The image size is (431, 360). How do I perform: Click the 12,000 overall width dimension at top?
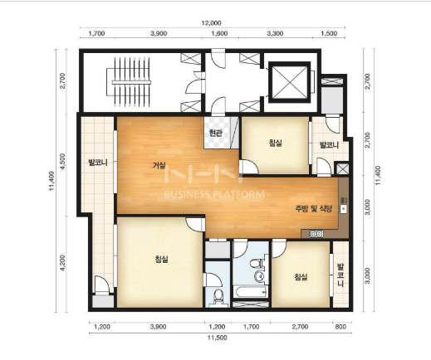pyautogui.click(x=211, y=23)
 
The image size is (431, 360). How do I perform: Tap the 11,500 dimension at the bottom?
pyautogui.click(x=218, y=338)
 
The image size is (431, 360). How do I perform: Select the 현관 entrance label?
pyautogui.click(x=216, y=134)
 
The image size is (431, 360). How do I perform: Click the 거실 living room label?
pyautogui.click(x=159, y=165)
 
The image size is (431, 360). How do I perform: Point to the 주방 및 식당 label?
pyautogui.click(x=313, y=209)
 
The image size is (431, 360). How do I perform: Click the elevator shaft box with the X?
pyautogui.click(x=289, y=82)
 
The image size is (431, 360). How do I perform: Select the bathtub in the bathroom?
pyautogui.click(x=251, y=292)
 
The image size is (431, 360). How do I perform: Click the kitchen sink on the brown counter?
pyautogui.click(x=343, y=209)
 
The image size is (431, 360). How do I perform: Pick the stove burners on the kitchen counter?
pyautogui.click(x=316, y=234)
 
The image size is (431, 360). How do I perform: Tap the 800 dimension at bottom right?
pyautogui.click(x=340, y=327)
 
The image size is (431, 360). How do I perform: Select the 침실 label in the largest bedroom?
pyautogui.click(x=162, y=259)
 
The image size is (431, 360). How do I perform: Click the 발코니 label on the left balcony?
pyautogui.click(x=98, y=163)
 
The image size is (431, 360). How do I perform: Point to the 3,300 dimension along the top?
pyautogui.click(x=275, y=33)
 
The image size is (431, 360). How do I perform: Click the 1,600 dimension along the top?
pyautogui.click(x=219, y=33)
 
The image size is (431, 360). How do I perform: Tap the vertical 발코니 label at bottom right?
pyautogui.click(x=340, y=275)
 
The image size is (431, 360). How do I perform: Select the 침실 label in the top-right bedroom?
pyautogui.click(x=275, y=143)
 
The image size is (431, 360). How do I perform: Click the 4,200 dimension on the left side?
pyautogui.click(x=62, y=263)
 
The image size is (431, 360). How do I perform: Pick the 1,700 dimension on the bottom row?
pyautogui.click(x=252, y=327)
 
